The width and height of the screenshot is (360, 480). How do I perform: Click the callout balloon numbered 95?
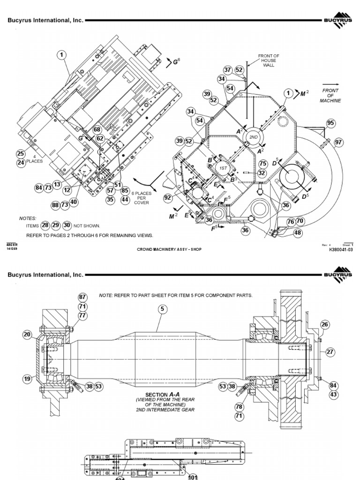[331, 123]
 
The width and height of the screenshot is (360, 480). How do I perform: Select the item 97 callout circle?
[339, 142]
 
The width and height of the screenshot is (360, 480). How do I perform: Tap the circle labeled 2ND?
[254, 137]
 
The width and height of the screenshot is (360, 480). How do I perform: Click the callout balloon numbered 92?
[168, 198]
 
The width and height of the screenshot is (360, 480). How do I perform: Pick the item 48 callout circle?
[298, 232]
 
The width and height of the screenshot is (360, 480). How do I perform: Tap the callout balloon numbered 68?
[97, 130]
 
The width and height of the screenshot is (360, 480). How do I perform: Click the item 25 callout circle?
[20, 153]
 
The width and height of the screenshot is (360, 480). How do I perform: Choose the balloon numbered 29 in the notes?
[56, 225]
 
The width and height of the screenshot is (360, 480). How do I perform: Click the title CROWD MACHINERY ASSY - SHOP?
[169, 249]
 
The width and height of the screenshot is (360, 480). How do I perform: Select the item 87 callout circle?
[82, 297]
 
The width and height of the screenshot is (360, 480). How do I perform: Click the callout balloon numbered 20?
[27, 334]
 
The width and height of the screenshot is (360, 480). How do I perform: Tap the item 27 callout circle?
[330, 352]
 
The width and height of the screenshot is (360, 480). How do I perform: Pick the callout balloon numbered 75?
[262, 164]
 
